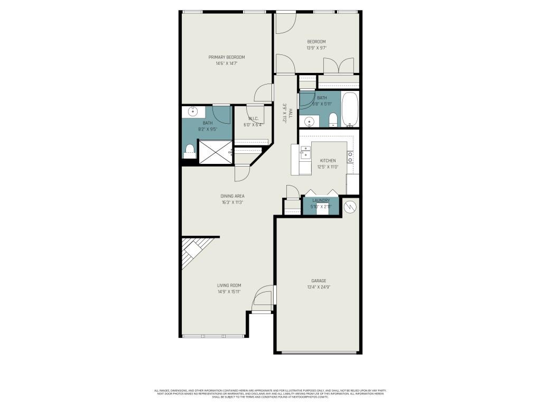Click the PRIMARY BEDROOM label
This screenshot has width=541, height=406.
click(226, 57)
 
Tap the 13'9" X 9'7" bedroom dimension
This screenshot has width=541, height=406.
click(316, 48)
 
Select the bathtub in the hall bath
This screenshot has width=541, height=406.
click(350, 110)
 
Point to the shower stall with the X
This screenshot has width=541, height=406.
click(214, 152)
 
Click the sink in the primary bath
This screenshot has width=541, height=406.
click(193, 111)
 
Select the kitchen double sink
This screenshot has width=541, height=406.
click(305, 153)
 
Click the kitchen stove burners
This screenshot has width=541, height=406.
click(350, 156)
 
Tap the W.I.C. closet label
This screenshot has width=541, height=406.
click(253, 119)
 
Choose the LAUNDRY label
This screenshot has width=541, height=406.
click(321, 200)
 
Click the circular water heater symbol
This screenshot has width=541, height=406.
click(350, 207)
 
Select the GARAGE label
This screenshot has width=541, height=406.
click(318, 281)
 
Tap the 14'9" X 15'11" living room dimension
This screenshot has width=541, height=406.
click(229, 291)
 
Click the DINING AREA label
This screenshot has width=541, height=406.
click(232, 196)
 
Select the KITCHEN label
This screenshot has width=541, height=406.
click(328, 161)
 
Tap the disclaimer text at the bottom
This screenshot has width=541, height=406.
click(270, 393)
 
